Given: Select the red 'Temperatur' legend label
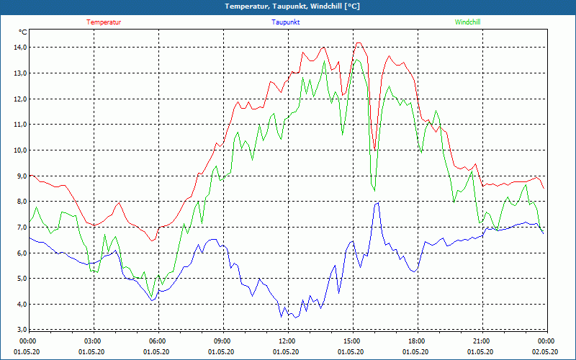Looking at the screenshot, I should pos(104,22).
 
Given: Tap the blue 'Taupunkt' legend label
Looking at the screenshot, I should pos(286,22).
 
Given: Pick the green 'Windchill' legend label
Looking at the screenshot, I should pos(467,22).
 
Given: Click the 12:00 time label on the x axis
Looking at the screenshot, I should pos(287,341).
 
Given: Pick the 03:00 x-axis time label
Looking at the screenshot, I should pos(93,341).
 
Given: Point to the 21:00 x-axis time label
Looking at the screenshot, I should pos(481,341).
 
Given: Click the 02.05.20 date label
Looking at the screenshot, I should pos(546,352).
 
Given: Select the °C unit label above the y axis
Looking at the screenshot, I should pos(23,32).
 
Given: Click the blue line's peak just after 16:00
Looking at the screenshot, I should pos(377,203).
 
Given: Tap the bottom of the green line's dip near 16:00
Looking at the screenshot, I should pos(374,190).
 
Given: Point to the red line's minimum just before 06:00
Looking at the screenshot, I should pos(152,240).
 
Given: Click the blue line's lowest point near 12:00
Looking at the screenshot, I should pos(281,317).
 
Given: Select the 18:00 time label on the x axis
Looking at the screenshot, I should pos(416,341).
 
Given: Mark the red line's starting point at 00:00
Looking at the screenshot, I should pos(29,175).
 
